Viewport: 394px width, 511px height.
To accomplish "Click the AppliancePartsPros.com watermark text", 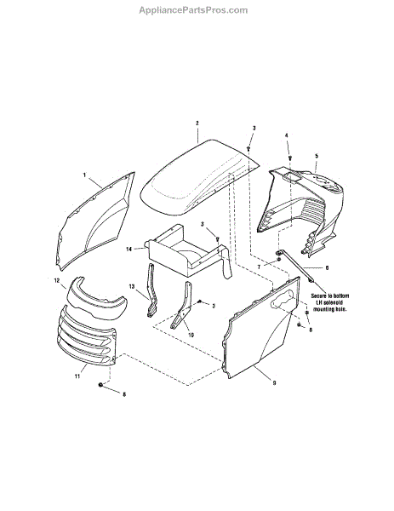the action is click(x=193, y=10).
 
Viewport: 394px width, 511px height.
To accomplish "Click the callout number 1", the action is click(x=84, y=175).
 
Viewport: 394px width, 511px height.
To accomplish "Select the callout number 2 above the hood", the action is click(x=197, y=123).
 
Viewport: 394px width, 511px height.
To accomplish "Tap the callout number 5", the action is click(x=317, y=156).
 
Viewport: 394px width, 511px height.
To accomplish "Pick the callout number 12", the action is click(x=57, y=280).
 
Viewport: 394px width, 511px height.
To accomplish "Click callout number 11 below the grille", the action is click(x=77, y=376).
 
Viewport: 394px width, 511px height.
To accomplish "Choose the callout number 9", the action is click(x=274, y=383).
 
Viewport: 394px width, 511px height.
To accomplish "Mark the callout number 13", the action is click(x=132, y=286).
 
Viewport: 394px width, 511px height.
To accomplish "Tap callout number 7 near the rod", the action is click(x=259, y=267).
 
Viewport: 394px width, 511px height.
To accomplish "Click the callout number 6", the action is click(x=327, y=268).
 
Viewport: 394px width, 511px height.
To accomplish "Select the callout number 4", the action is click(x=287, y=135).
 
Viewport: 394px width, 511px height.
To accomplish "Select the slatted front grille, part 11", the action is click(x=86, y=337).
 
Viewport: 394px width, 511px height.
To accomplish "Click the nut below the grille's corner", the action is click(x=100, y=385).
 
